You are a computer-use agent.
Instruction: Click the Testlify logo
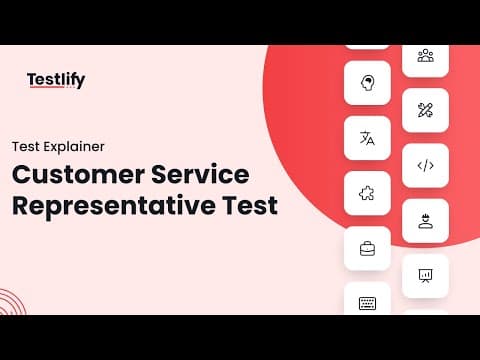(x=56, y=80)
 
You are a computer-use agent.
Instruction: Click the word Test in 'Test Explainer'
(x=26, y=147)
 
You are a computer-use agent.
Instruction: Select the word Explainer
(x=74, y=147)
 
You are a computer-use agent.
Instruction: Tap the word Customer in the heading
(x=78, y=174)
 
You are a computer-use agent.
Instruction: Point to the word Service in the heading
(x=200, y=174)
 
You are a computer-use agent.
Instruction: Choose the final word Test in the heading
(x=250, y=205)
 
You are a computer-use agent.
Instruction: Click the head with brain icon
(x=367, y=83)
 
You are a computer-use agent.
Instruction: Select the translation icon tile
(x=367, y=138)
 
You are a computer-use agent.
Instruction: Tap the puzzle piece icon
(x=367, y=193)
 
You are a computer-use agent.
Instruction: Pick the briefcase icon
(x=367, y=249)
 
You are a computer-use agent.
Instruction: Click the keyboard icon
(x=367, y=303)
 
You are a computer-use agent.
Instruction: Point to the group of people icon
(x=426, y=55)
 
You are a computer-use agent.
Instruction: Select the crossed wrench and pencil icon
(x=425, y=110)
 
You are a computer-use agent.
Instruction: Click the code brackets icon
(x=426, y=165)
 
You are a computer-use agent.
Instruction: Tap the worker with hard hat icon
(x=425, y=221)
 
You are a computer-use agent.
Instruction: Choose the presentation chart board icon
(x=425, y=276)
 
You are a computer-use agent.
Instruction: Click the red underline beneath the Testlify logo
(x=47, y=87)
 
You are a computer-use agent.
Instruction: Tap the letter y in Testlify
(x=80, y=82)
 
